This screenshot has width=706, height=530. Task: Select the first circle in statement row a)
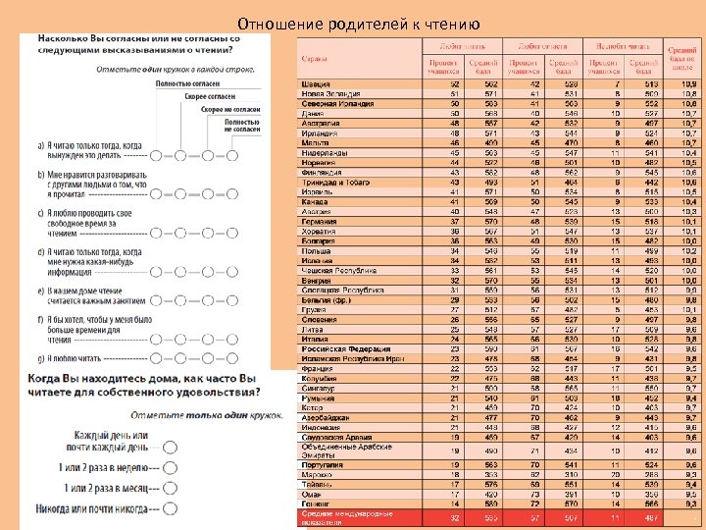click(x=157, y=156)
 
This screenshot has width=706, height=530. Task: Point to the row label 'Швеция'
click(x=316, y=84)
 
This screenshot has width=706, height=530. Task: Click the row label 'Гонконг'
click(x=317, y=503)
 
